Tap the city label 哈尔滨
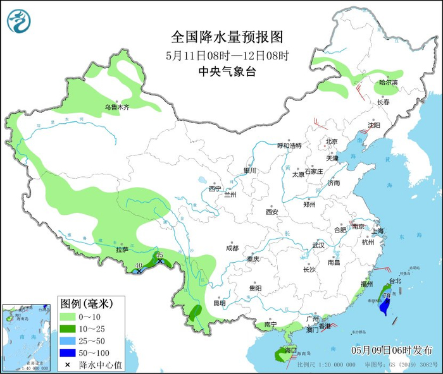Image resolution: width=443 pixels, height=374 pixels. (x=389, y=83)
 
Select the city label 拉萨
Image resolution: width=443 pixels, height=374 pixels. (x=122, y=250)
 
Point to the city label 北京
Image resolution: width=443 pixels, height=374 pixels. (x=333, y=142)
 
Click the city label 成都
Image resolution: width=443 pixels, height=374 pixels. (x=232, y=248)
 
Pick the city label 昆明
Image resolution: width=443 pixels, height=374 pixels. (x=220, y=303)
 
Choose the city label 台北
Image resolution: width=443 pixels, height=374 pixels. (x=395, y=280)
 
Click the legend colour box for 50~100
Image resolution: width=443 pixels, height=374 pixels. (x=67, y=352)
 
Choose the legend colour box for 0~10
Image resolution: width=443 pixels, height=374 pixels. (x=67, y=316)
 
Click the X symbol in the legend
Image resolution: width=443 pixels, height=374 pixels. (x=67, y=365)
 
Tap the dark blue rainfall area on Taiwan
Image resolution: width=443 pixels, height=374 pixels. (x=383, y=308)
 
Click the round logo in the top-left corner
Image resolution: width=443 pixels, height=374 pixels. (x=19, y=21)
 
